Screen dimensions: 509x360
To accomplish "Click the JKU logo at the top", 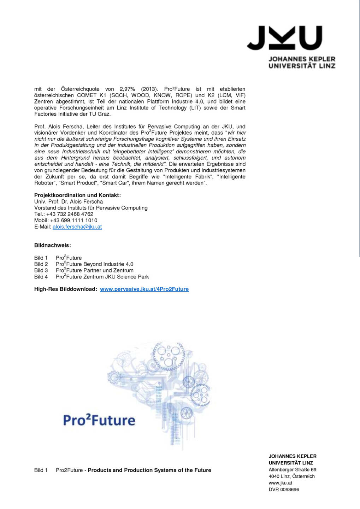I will (x=284, y=38).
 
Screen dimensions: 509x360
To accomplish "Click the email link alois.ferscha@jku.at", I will (x=77, y=227).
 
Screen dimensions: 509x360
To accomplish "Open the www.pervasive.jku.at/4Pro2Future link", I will (x=144, y=289).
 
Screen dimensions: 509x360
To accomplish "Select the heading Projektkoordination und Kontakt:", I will (x=77, y=195).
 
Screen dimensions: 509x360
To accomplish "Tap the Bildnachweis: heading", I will (x=52, y=245).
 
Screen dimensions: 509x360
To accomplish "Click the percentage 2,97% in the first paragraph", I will (x=127, y=89).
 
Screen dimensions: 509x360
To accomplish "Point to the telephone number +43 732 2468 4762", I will (x=70, y=214).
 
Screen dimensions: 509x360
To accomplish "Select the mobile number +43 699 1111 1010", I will (x=73, y=221).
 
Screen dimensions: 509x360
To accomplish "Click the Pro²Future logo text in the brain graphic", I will (x=99, y=420).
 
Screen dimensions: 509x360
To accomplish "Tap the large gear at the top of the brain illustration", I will (x=169, y=356).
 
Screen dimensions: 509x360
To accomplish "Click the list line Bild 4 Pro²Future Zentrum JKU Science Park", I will (x=92, y=277).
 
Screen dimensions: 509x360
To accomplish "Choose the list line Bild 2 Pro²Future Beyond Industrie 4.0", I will (x=84, y=264).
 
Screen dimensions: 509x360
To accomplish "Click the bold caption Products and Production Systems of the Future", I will (x=149, y=470).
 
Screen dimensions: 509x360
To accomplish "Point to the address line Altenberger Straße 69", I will (x=292, y=470).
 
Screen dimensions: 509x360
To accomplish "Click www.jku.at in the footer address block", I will (x=280, y=483).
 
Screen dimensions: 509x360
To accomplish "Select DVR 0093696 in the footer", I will (x=284, y=490).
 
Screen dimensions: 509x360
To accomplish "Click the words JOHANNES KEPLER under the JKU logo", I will (x=302, y=59).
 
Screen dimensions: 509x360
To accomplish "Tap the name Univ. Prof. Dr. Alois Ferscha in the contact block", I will (x=69, y=201).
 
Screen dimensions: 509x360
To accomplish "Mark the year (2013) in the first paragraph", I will (x=149, y=89).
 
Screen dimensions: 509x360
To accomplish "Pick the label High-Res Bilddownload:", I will (x=65, y=289).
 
